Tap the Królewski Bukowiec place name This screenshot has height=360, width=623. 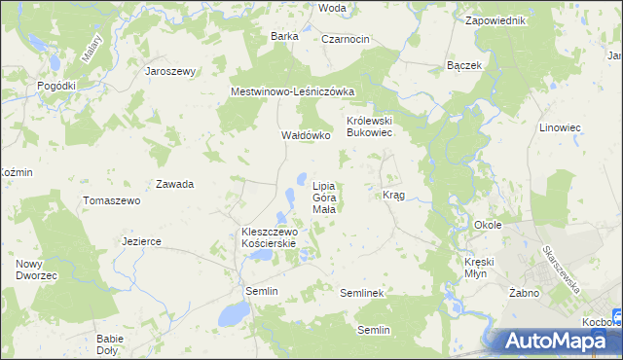click(370, 126)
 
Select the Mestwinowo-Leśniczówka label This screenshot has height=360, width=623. click(293, 91)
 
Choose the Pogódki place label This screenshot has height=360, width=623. click(56, 86)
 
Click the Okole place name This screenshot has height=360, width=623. click(487, 225)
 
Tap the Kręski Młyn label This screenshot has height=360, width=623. click(481, 268)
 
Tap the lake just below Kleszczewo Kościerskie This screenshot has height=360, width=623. click(260, 255)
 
